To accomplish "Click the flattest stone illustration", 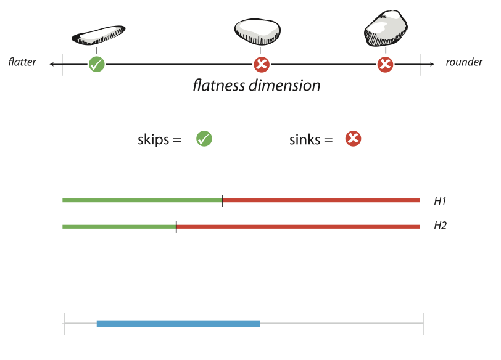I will pos(98,35).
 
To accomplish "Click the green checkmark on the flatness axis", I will pos(96,63).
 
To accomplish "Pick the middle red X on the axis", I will pos(262,63).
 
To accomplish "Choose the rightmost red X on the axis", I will pos(386,63).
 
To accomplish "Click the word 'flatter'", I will pos(22,63).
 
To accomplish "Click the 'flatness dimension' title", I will pos(257,85).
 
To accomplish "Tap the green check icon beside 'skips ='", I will pos(204,139).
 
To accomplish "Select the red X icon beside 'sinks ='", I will pos(353,139).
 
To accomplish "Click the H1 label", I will pos(440,201).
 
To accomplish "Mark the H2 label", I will pos(440,226).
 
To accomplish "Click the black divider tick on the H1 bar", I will pos(222,200).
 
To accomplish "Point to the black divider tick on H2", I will pos(176,226).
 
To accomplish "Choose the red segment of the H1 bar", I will pos(321,200).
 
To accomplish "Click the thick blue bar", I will pos(178,323).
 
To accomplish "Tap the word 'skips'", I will pos(152,139).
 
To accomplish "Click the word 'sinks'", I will pos(304,139).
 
